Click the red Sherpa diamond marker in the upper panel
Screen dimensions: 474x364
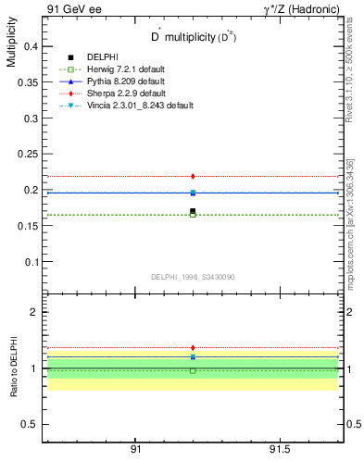click(x=193, y=176)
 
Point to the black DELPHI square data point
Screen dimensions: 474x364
click(x=193, y=211)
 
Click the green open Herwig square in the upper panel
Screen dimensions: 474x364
click(x=193, y=216)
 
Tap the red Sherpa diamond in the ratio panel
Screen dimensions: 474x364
click(x=193, y=348)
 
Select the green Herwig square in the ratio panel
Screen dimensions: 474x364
click(x=193, y=370)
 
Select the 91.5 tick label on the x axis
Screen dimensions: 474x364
click(x=280, y=449)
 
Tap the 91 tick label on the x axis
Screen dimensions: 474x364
click(x=135, y=449)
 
